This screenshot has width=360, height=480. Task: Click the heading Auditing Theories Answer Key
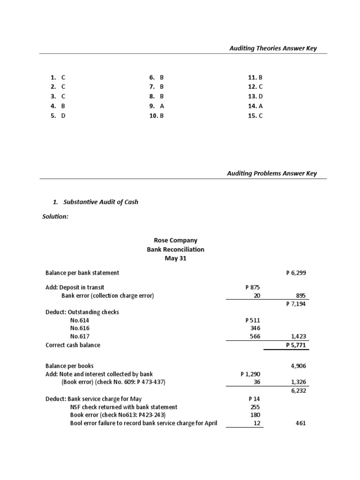click(x=272, y=48)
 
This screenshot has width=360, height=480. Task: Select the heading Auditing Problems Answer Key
click(x=272, y=173)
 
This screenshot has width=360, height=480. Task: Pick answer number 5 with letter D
click(x=58, y=116)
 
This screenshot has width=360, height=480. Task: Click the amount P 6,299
click(x=296, y=273)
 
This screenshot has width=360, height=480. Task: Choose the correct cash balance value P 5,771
click(x=296, y=345)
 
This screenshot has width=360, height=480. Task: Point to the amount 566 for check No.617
click(x=255, y=337)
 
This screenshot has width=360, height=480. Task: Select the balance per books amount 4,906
click(x=298, y=366)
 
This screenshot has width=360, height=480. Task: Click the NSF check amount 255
click(x=256, y=407)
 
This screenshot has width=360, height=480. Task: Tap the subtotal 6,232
click(x=298, y=390)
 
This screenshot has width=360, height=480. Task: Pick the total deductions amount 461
click(x=300, y=423)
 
